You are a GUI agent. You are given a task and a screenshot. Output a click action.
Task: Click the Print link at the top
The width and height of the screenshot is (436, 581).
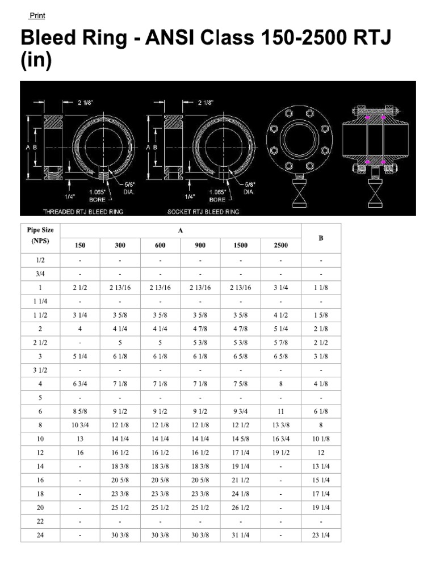tap(37, 16)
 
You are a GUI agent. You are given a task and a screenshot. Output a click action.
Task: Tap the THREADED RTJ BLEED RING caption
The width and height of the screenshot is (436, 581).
tap(83, 212)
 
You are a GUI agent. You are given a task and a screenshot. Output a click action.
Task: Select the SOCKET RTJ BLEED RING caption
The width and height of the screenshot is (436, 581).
tap(203, 212)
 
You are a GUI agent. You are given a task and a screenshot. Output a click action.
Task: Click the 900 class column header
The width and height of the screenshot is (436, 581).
tap(200, 245)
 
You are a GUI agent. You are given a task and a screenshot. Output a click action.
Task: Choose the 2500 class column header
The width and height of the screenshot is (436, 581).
tap(280, 245)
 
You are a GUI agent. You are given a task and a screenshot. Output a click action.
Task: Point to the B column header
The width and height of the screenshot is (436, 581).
tap(321, 238)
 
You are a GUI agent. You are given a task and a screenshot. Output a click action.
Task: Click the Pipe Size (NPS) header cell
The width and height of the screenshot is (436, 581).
tap(40, 235)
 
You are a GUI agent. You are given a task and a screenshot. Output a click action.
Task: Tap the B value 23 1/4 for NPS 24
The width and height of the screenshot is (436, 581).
tap(321, 534)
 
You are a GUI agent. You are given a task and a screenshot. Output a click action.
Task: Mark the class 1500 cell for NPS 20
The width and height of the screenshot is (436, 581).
tap(241, 507)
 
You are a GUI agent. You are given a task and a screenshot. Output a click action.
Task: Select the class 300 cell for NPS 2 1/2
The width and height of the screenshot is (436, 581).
tap(120, 343)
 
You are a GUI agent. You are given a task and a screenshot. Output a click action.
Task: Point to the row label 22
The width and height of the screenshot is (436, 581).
tap(40, 521)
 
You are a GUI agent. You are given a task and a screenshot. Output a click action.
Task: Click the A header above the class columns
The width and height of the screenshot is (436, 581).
tap(181, 230)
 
